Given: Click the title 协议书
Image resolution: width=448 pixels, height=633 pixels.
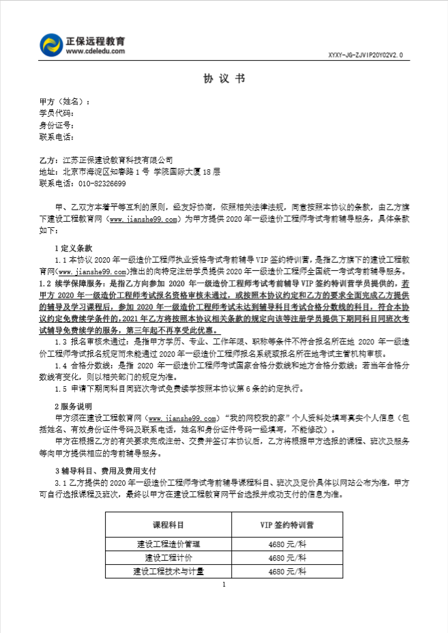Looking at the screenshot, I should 224,79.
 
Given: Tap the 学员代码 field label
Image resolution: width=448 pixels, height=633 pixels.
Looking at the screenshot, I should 56,113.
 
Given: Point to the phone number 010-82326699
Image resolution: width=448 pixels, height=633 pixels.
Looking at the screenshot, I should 101,183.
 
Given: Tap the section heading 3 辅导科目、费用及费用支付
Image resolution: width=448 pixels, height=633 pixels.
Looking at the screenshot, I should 104,471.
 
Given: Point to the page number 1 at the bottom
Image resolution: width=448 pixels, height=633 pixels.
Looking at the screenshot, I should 224,585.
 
